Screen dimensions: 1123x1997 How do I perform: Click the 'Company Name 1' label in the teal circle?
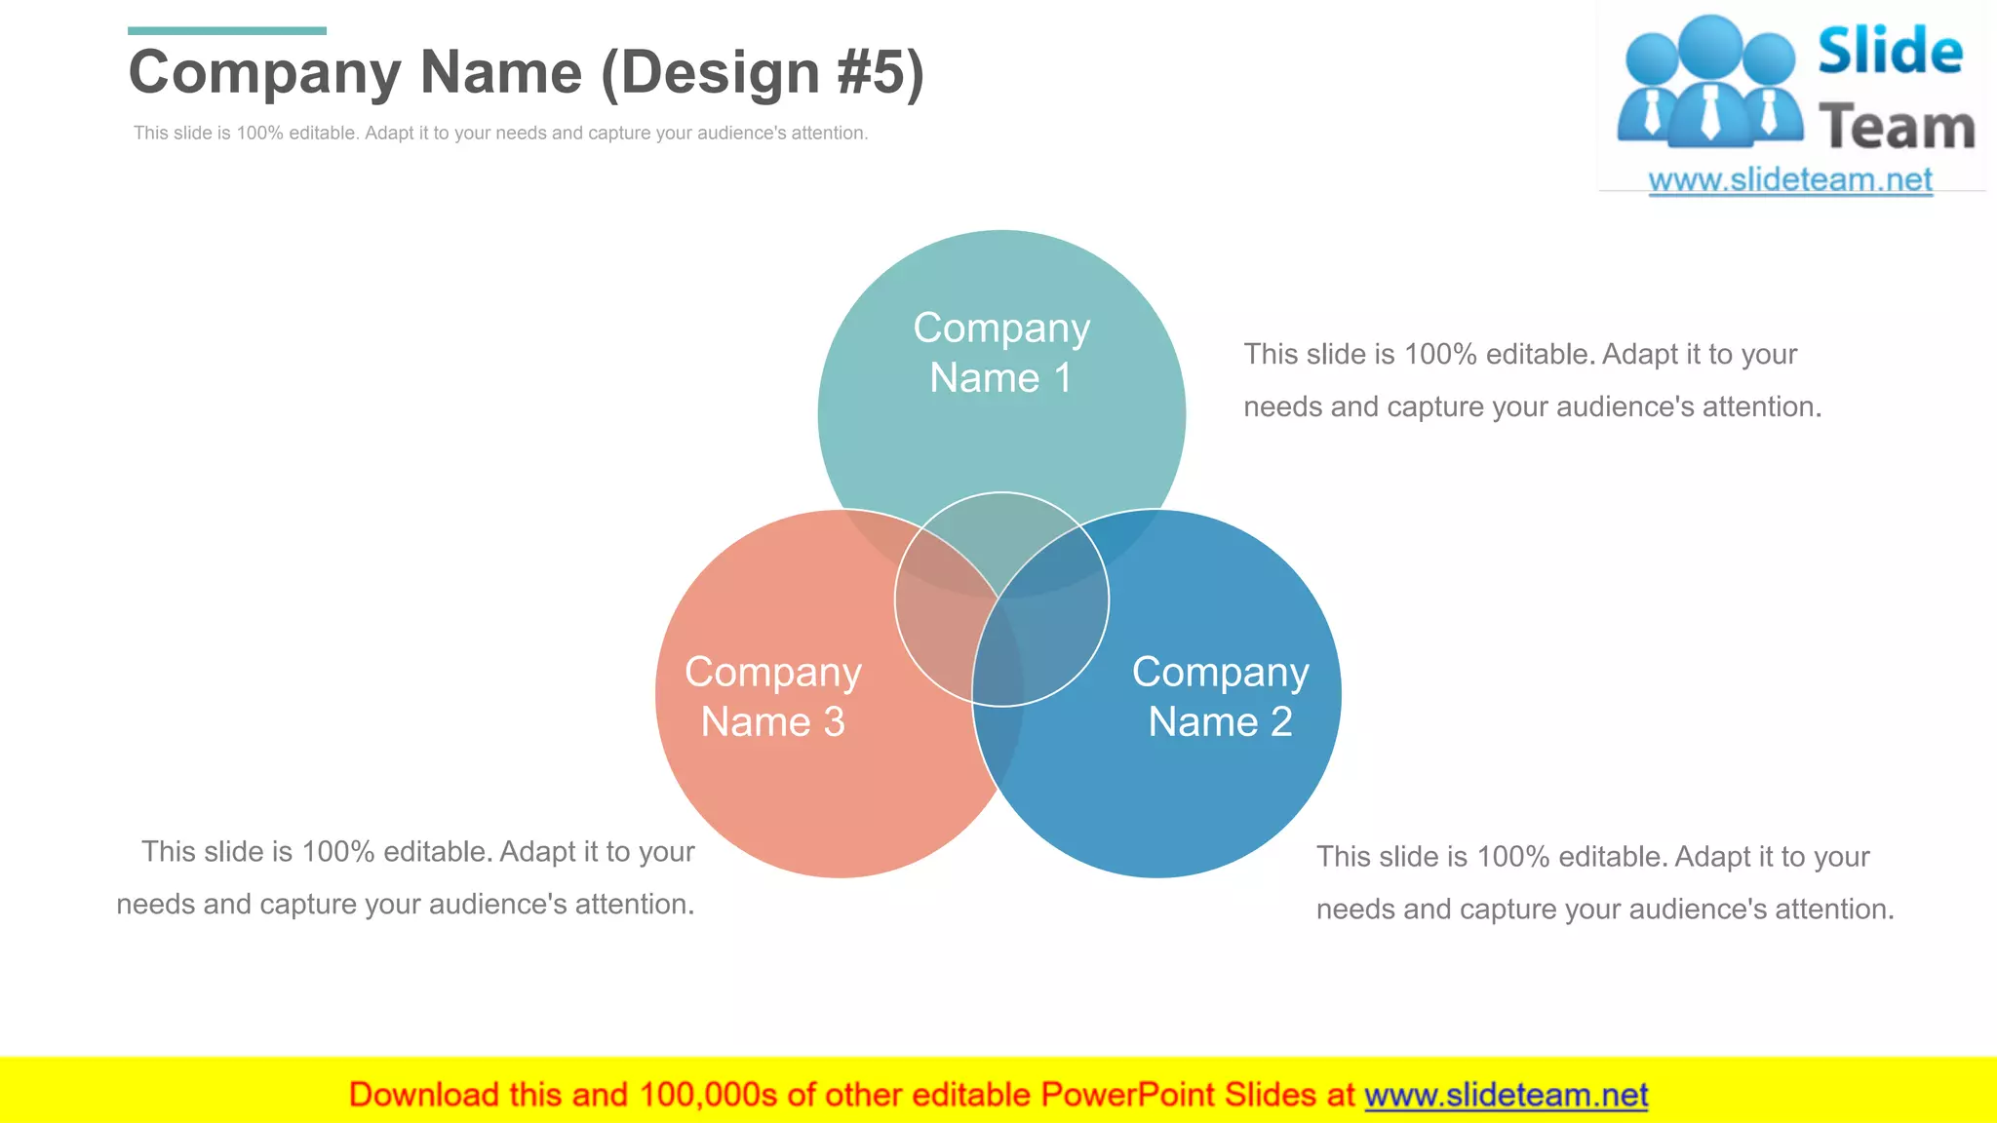pos(1001,353)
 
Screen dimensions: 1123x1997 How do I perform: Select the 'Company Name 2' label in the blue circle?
pos(1220,697)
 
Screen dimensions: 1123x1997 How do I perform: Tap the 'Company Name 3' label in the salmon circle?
pos(772,697)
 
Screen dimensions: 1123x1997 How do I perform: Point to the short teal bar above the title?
pos(226,31)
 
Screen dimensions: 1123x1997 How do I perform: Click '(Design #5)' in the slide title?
pos(762,73)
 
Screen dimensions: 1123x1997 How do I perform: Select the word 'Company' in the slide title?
pos(264,73)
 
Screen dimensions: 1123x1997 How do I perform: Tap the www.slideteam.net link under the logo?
pos(1789,180)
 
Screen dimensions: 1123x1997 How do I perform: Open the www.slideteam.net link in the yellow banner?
pos(1506,1095)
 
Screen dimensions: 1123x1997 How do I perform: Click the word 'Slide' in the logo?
pos(1890,51)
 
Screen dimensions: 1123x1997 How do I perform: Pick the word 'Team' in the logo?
pos(1897,128)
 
